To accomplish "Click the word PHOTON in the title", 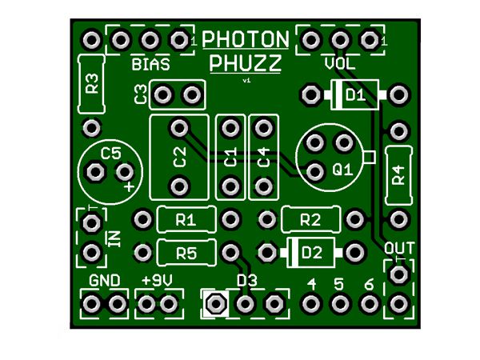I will (x=246, y=39).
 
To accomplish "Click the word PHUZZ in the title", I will (x=245, y=64).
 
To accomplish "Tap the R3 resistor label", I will (x=93, y=83).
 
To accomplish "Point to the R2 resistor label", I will (x=310, y=219).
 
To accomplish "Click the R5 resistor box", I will (x=186, y=253).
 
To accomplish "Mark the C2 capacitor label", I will (x=179, y=157).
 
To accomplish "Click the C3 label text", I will (x=140, y=96).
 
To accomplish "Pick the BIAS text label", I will (x=149, y=64).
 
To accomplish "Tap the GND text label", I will (x=105, y=282).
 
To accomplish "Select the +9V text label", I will (x=157, y=282).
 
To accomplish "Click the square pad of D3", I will (x=214, y=304).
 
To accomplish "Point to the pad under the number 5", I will (x=340, y=304).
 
